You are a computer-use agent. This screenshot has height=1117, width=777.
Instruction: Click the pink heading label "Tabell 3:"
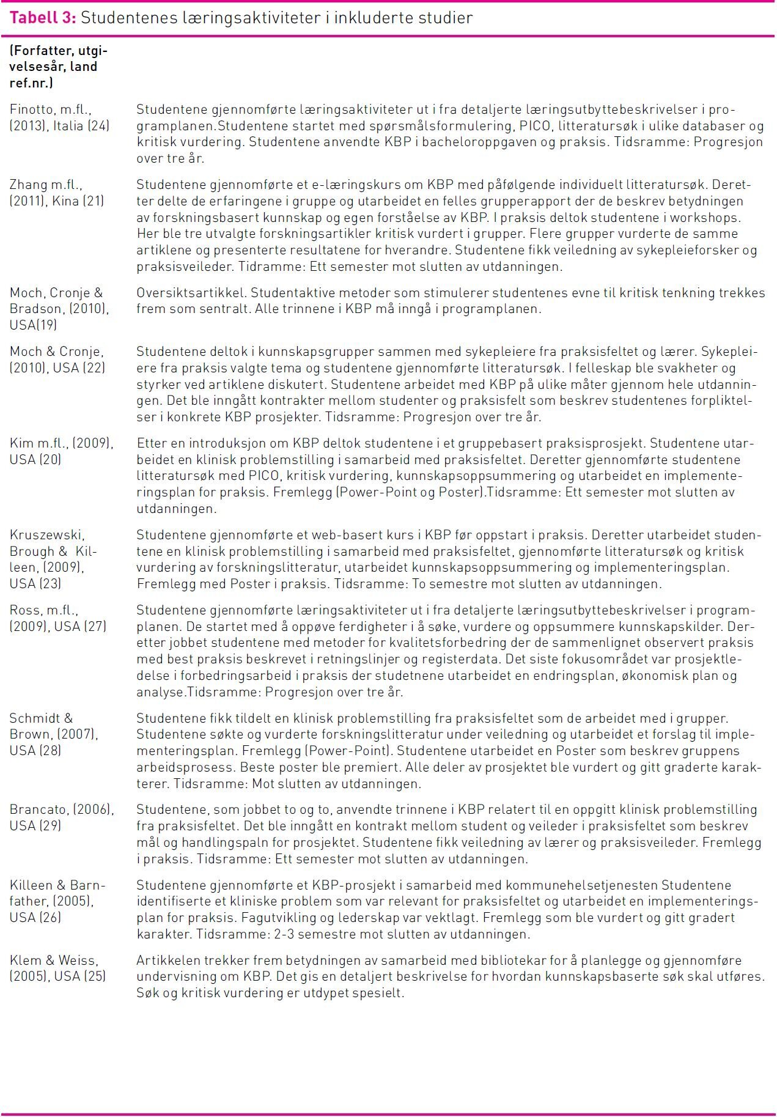point(42,18)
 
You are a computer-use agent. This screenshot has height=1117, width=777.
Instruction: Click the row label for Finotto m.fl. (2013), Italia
point(59,118)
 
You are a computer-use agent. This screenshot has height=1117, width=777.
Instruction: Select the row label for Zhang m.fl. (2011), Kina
point(56,193)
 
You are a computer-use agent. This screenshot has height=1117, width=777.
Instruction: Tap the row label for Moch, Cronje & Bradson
point(59,309)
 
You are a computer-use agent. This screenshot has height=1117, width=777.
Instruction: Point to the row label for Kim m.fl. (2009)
point(61,451)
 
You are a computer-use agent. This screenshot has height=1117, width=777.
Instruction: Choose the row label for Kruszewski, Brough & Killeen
point(53,559)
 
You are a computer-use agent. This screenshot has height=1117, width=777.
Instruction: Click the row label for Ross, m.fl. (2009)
point(57,618)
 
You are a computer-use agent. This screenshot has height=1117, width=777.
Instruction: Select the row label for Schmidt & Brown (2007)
point(53,734)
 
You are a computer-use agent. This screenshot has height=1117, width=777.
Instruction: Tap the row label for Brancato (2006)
point(61,817)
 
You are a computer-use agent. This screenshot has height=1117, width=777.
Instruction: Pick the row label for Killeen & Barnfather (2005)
point(57,901)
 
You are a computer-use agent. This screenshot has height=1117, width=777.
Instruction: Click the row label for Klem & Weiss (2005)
point(57,968)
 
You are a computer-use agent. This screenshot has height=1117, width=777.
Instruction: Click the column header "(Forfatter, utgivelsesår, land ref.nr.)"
point(58,67)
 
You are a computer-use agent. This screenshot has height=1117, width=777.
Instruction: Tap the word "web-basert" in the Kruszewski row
point(330,535)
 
